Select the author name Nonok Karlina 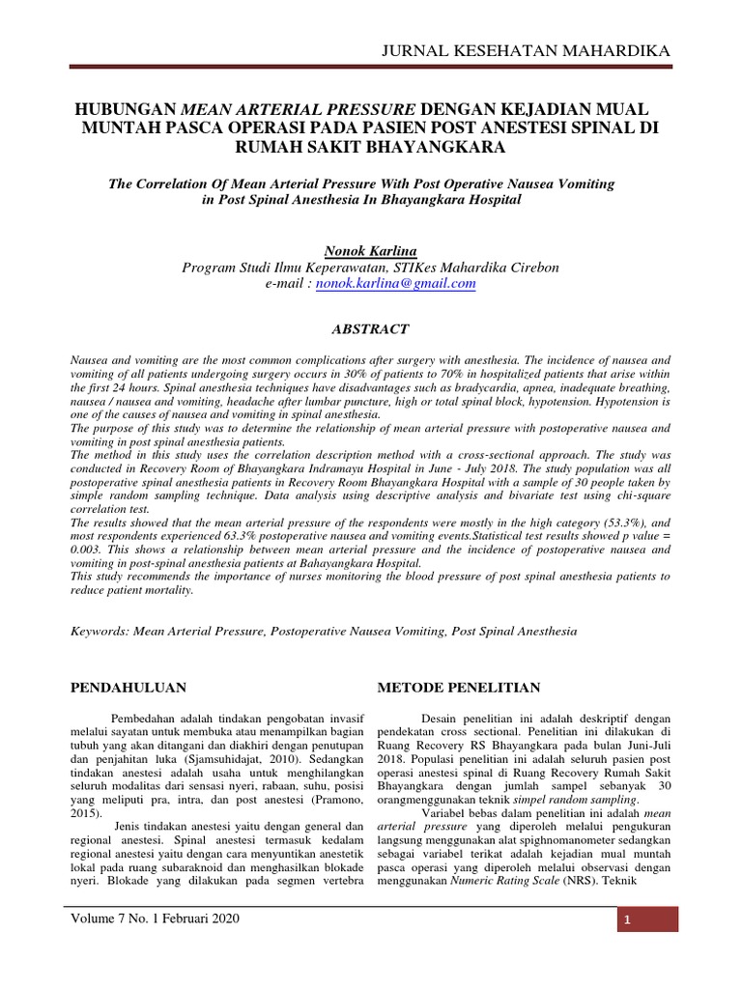click(371, 251)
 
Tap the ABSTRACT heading click(371, 329)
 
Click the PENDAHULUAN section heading click(129, 687)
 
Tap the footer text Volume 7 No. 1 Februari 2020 click(155, 918)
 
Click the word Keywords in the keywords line click(102, 631)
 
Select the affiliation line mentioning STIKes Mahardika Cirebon click(371, 268)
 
